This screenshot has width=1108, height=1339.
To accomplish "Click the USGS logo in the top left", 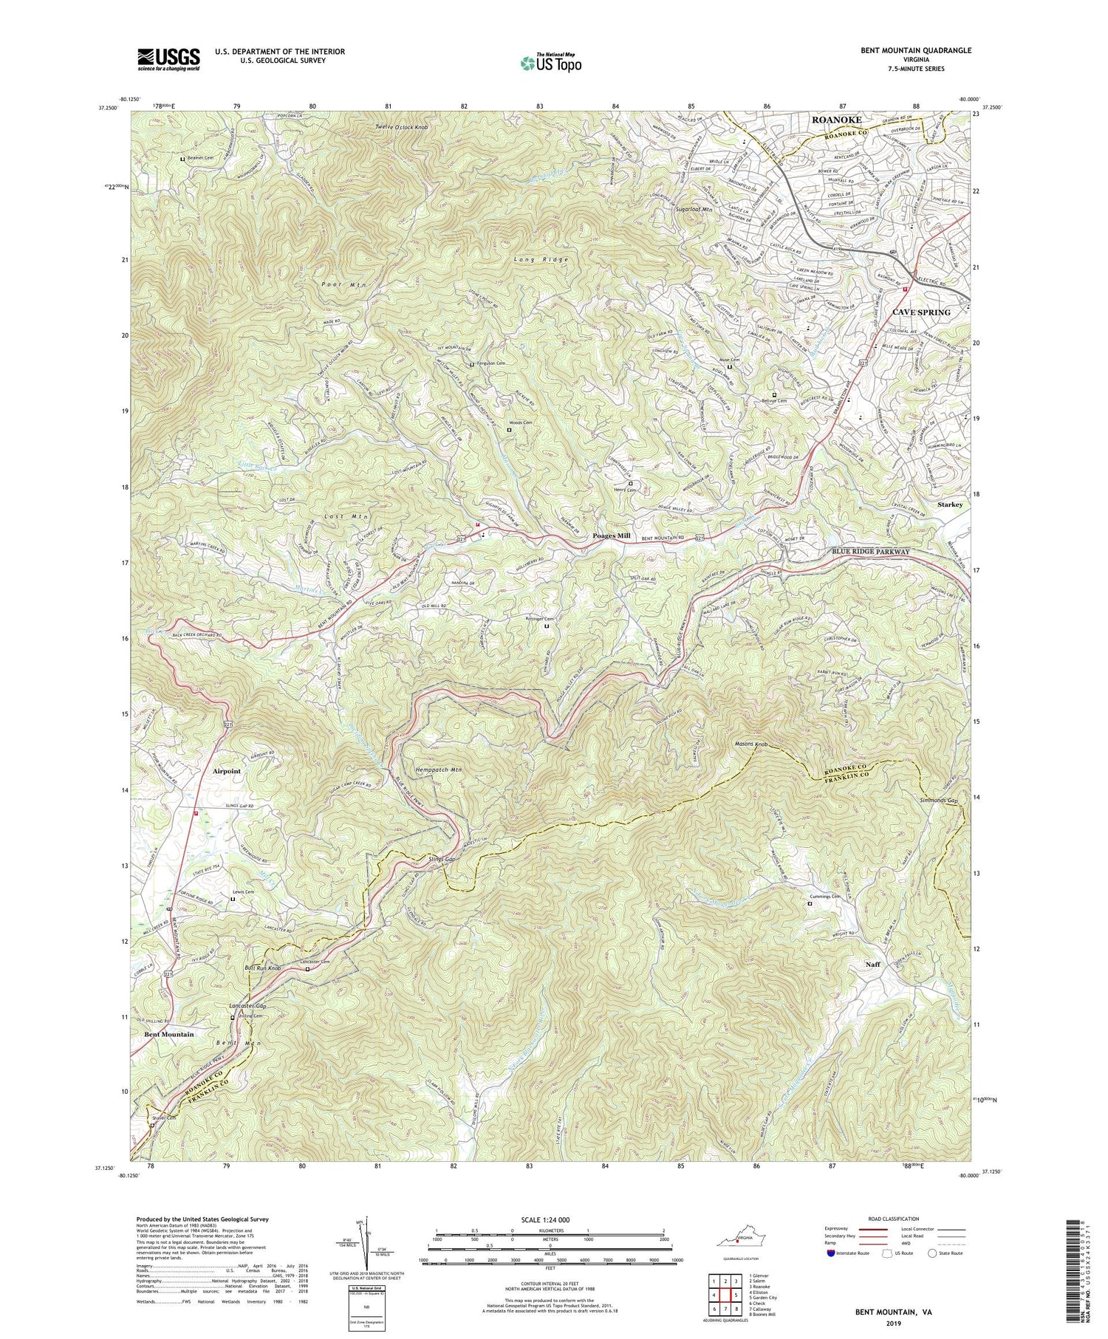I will point(168,59).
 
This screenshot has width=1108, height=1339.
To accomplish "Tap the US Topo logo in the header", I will point(550,64).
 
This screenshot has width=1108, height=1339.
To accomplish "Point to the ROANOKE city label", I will point(836,120).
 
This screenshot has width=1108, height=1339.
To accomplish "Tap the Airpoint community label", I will point(227,771).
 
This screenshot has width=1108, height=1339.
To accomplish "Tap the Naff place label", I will point(873,965).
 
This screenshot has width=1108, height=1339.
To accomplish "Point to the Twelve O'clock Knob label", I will point(401,127).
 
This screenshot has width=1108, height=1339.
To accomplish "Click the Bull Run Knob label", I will point(263,968).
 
